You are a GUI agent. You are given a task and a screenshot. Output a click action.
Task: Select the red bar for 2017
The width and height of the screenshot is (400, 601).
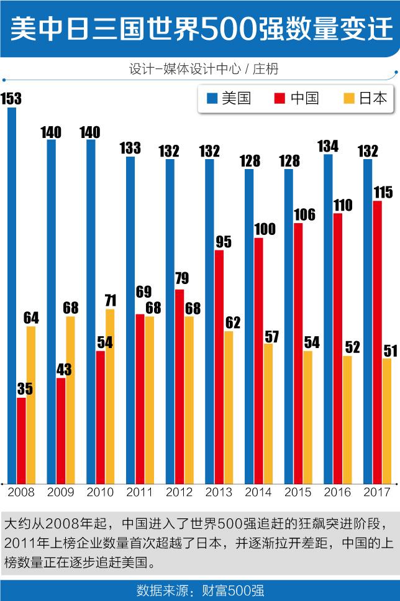click(378, 342)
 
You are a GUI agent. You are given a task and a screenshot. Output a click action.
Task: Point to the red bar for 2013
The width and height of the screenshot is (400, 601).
click(219, 367)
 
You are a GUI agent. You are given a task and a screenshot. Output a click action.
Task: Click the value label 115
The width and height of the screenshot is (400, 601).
click(383, 193)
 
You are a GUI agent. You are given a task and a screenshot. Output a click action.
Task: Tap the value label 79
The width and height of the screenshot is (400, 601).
click(182, 278)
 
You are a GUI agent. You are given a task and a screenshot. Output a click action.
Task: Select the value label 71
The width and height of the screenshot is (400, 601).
click(110, 300)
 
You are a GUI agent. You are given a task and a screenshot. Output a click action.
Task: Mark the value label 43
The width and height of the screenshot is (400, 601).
click(64, 369)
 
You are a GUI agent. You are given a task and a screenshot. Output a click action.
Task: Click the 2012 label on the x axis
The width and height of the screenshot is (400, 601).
click(179, 492)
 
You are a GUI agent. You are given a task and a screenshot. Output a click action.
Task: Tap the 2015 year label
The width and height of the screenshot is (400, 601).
click(298, 492)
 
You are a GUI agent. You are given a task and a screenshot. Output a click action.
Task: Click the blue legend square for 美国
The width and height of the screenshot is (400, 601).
click(211, 99)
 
